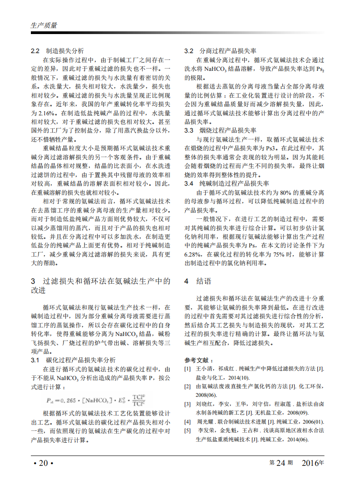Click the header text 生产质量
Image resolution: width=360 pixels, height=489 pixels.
(44, 25)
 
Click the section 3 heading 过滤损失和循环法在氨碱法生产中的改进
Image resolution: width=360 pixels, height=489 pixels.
(100, 285)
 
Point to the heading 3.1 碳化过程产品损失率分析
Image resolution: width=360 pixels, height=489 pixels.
(73, 360)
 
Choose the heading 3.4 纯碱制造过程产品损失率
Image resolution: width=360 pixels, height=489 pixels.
(227, 183)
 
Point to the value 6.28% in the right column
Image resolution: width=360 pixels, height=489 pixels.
(192, 254)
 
